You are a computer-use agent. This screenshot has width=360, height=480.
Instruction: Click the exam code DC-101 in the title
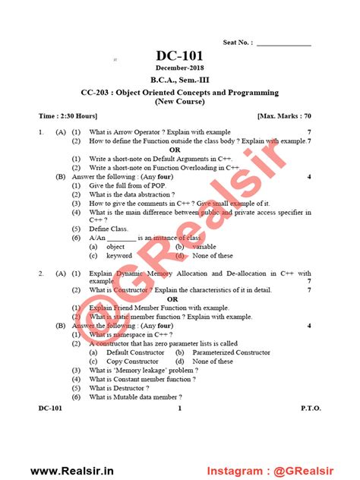179,56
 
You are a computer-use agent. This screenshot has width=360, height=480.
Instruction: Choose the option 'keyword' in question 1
118,256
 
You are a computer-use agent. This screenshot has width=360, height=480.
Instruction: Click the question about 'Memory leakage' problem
145,370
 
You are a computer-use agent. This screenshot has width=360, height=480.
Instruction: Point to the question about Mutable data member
135,397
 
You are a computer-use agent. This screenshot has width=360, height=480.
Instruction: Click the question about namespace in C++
130,334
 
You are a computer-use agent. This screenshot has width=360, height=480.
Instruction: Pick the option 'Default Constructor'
135,352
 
